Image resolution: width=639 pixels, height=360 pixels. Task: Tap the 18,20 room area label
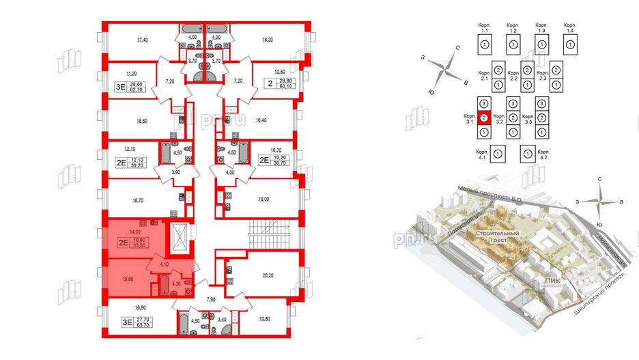coord(268,40)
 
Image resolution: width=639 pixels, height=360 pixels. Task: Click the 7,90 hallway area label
coord(211,299)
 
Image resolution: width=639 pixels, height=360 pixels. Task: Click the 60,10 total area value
coord(285,87)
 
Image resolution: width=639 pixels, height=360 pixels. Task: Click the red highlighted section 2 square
coord(483,117)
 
